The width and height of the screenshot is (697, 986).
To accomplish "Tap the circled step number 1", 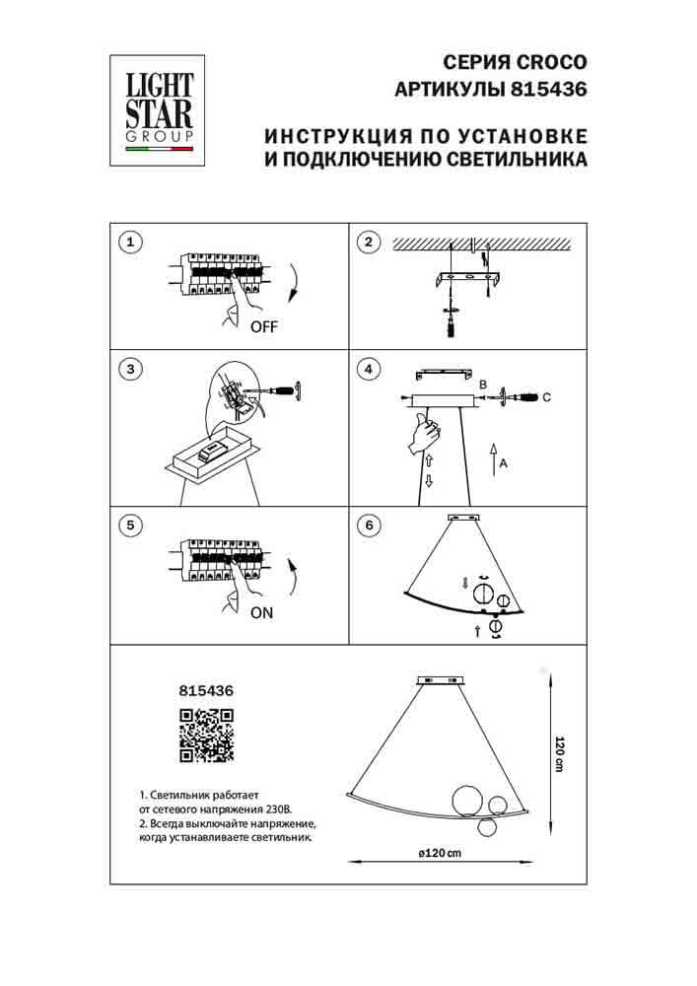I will tap(129, 242).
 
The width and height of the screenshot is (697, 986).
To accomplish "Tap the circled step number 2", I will tap(368, 242).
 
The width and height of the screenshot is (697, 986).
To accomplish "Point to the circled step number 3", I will tap(129, 370).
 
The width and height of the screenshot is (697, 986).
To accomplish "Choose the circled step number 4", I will tap(368, 370).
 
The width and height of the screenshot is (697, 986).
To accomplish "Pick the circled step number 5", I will tap(129, 526).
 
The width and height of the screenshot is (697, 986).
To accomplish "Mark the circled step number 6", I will tap(368, 526).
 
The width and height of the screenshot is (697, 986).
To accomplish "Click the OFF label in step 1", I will tap(264, 329).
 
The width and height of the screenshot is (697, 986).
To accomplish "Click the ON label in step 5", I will tap(261, 612).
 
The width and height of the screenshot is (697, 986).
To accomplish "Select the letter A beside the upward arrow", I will tap(503, 464).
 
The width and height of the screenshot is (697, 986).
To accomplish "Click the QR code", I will tap(205, 736).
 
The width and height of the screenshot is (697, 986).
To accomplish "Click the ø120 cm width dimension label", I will tap(440, 852).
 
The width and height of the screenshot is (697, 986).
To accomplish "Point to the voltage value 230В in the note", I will tap(277, 807).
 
